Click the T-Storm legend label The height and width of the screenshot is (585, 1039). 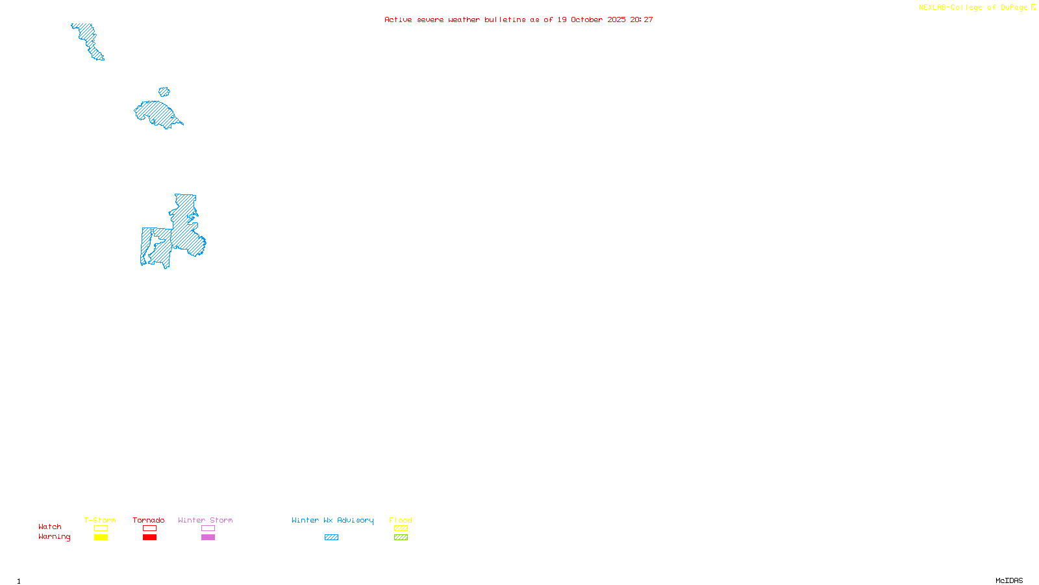click(x=100, y=520)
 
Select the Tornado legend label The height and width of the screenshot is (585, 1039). click(x=149, y=520)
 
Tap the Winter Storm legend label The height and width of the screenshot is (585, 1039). click(x=205, y=520)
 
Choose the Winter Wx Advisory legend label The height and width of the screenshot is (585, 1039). click(x=332, y=520)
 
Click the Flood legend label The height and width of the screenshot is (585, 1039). click(x=401, y=520)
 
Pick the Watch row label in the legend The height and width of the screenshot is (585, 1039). click(x=50, y=526)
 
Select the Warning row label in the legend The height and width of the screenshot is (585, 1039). click(x=54, y=537)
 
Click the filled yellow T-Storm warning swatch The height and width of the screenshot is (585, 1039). click(x=101, y=538)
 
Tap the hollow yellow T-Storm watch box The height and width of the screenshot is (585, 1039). click(x=101, y=528)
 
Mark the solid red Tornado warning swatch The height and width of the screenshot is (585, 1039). click(x=149, y=538)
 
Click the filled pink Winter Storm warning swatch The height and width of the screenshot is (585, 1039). click(x=208, y=538)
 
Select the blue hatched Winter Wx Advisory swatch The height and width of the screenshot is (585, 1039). click(x=331, y=538)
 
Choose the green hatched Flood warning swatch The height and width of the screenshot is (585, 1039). click(x=401, y=538)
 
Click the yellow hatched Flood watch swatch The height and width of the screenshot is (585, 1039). click(x=401, y=528)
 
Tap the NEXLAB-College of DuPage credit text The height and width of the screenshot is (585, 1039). click(x=973, y=8)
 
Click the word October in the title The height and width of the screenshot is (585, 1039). click(x=586, y=19)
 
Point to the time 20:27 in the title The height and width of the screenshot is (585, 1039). click(x=642, y=19)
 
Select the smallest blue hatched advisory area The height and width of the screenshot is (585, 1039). click(x=164, y=92)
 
